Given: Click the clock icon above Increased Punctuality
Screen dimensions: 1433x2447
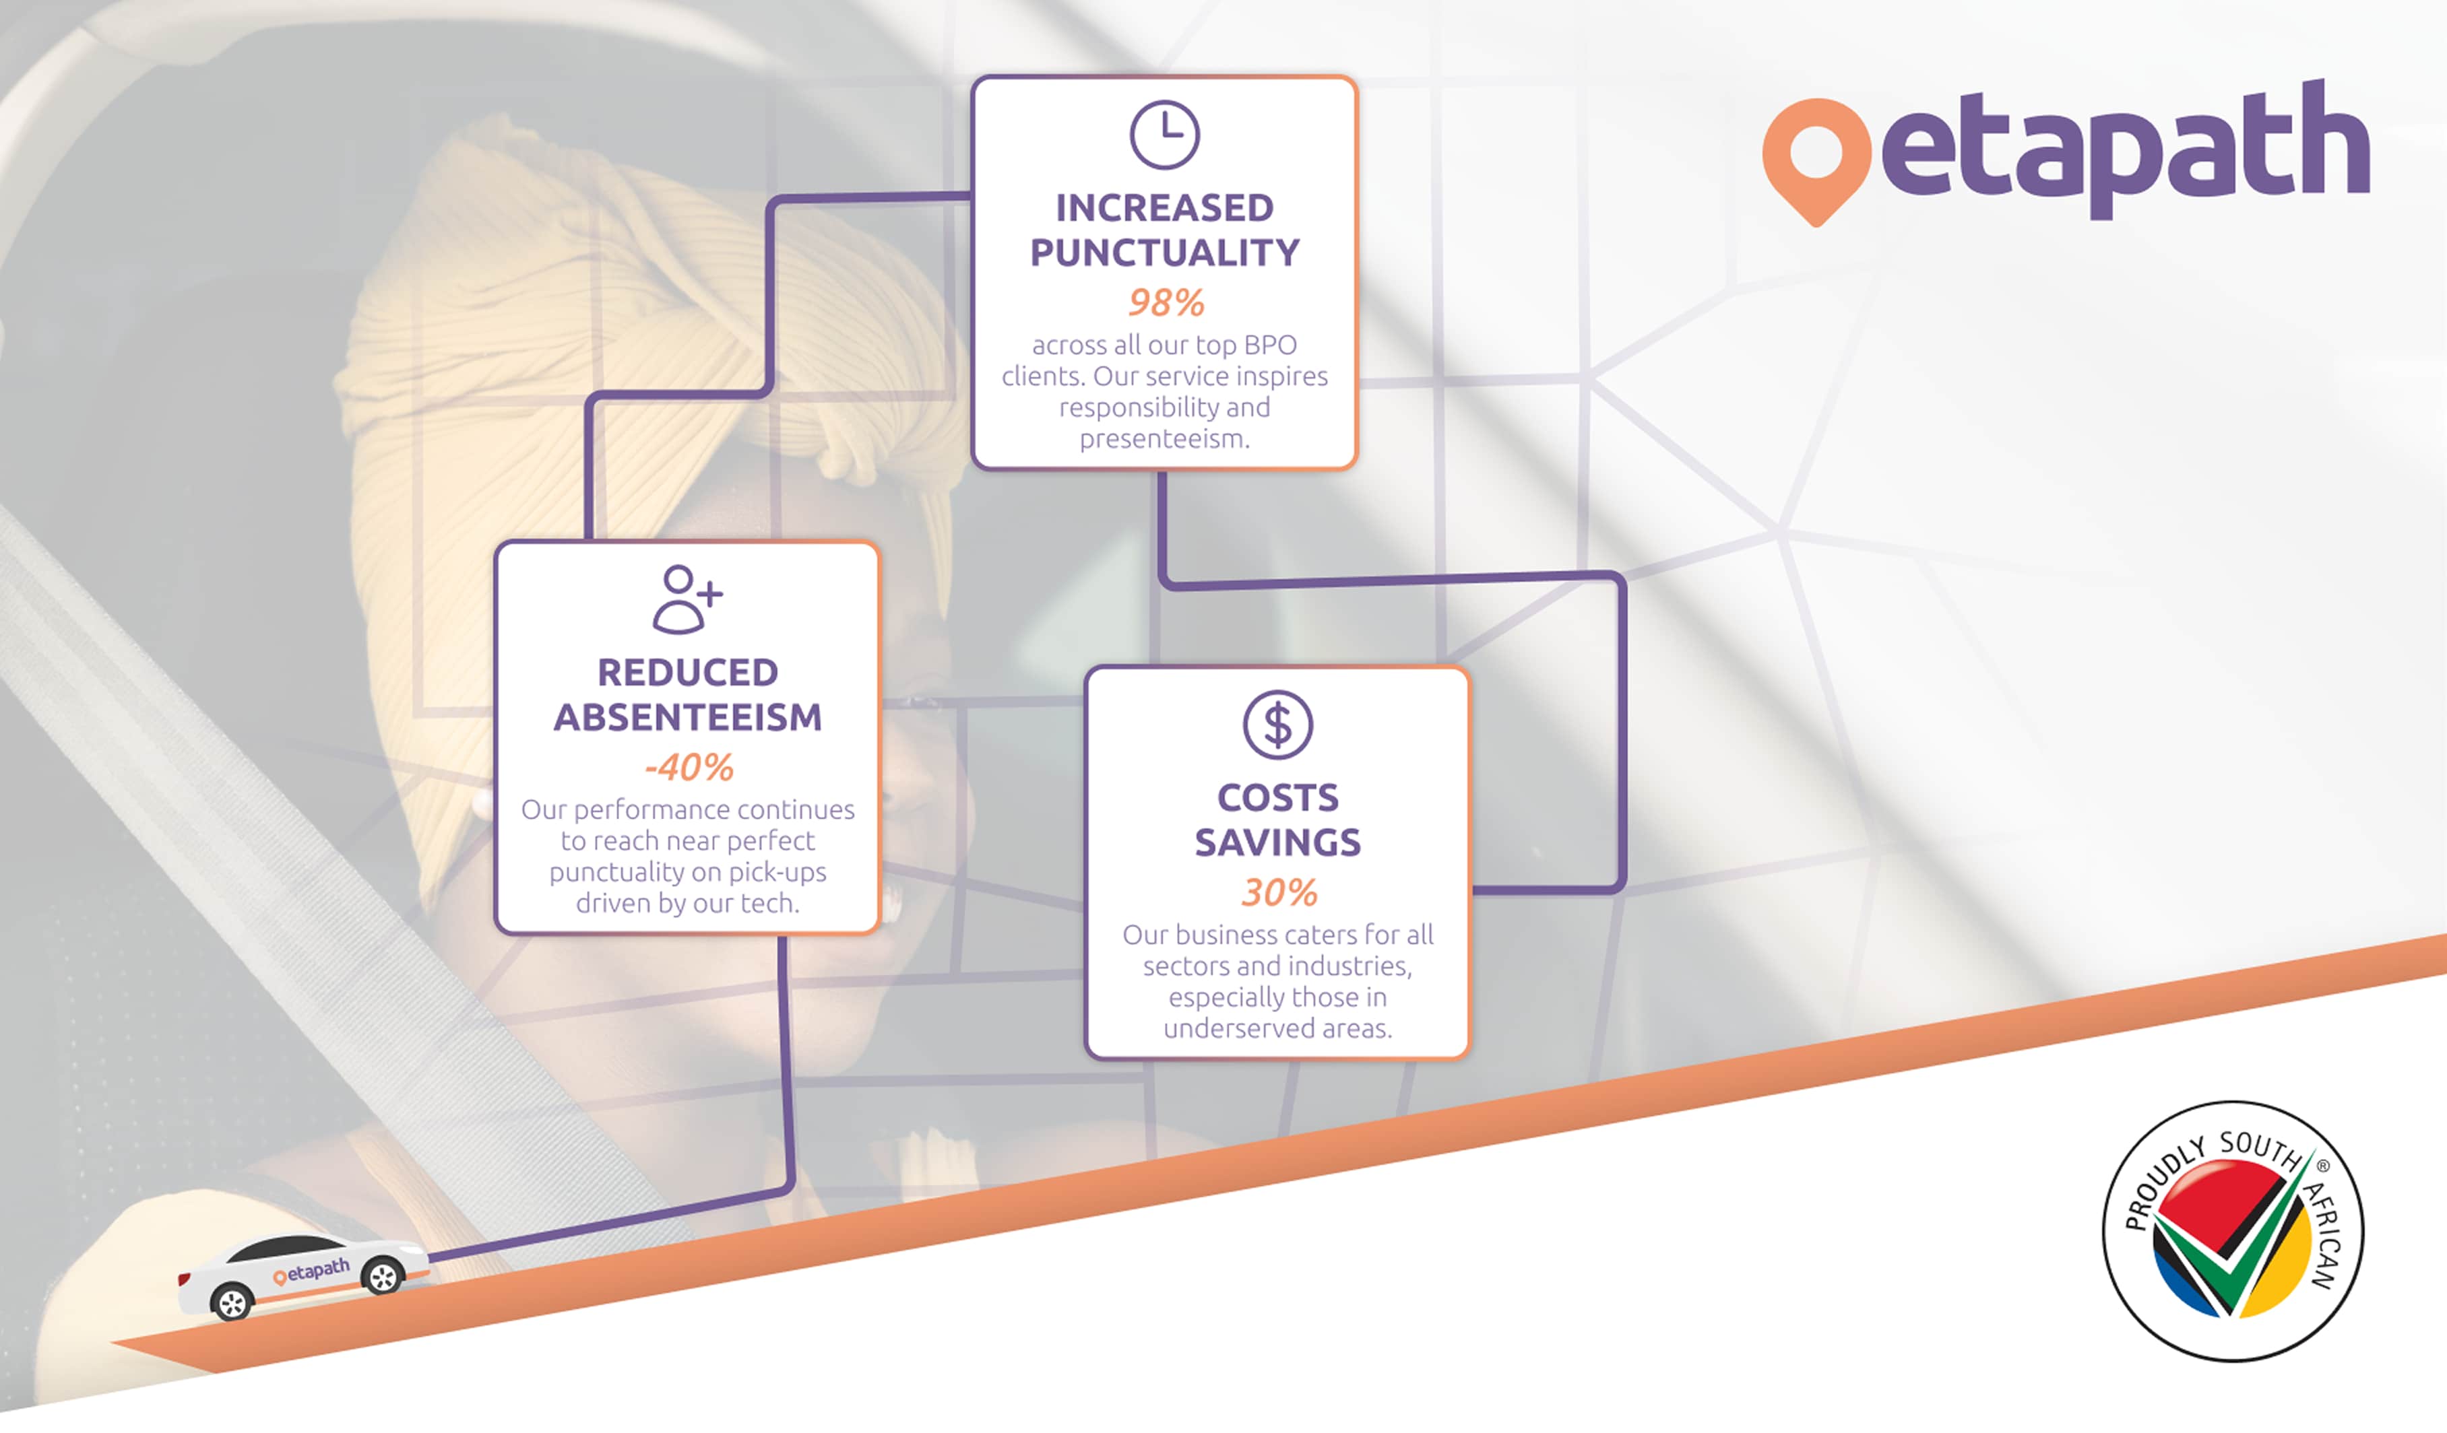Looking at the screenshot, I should pyautogui.click(x=1164, y=134).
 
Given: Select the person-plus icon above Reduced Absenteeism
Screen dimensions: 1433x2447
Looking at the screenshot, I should pyautogui.click(x=687, y=599).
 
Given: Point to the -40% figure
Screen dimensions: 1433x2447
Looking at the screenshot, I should pyautogui.click(x=689, y=768).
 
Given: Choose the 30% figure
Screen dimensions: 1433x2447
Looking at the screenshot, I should pyautogui.click(x=1279, y=892).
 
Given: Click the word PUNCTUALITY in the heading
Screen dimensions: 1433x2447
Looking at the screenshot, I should pyautogui.click(x=1164, y=253).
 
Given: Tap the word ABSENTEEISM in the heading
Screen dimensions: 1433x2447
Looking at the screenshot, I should pyautogui.click(x=687, y=717).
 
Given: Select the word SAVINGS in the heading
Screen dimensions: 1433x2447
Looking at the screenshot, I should pyautogui.click(x=1278, y=842).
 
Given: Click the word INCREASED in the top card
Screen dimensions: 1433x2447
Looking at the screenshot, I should pyautogui.click(x=1164, y=208).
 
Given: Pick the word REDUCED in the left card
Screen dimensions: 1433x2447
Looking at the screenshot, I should pyautogui.click(x=687, y=672).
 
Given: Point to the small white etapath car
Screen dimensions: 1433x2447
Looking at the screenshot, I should pyautogui.click(x=303, y=1275).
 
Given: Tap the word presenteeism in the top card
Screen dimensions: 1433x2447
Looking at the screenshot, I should pyautogui.click(x=1164, y=439).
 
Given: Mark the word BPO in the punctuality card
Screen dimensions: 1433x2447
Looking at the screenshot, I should pyautogui.click(x=1270, y=345).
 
